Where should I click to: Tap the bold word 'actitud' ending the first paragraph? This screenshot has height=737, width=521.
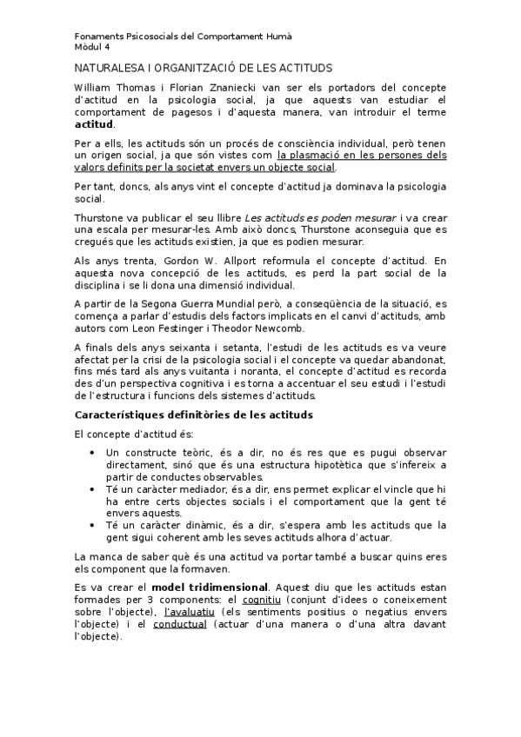point(94,123)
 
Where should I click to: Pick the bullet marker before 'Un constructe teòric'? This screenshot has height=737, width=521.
point(94,453)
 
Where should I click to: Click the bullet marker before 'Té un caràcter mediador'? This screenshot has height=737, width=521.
point(94,489)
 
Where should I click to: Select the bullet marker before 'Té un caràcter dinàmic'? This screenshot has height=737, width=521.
point(94,525)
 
